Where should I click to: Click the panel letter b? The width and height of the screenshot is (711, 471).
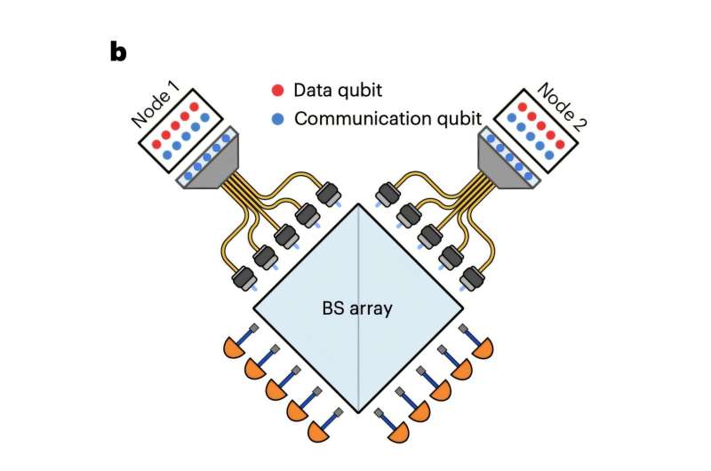118,52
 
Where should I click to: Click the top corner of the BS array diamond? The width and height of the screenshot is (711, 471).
359,204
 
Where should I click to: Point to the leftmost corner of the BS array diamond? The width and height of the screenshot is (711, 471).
254,309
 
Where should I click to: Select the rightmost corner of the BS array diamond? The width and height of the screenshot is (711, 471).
463,309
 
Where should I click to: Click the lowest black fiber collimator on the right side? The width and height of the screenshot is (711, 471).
471,280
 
